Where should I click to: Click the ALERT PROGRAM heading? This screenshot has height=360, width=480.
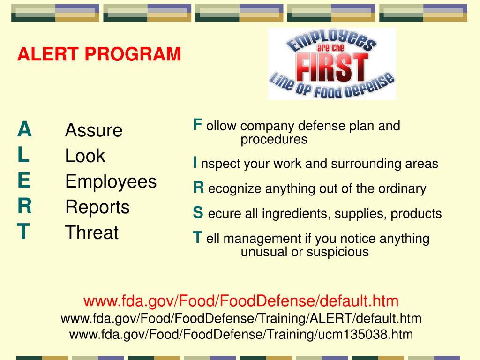coord(99,54)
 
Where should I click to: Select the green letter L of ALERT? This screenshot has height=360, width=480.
coord(23,155)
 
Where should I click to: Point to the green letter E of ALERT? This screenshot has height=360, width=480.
coord(24,180)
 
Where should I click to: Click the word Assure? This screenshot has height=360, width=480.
coord(94,130)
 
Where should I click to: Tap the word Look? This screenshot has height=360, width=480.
coord(85,156)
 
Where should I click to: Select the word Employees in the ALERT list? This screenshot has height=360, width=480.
coord(111,181)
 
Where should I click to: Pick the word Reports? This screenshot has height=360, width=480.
coord(97,207)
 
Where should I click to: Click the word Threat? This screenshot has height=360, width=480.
coord(92,232)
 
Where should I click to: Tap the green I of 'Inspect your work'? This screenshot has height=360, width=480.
coord(195,163)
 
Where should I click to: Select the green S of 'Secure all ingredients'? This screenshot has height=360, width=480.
coord(198,213)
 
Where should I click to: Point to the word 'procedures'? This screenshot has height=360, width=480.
coord(274,140)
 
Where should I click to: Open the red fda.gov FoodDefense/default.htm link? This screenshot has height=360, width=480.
coord(241,300)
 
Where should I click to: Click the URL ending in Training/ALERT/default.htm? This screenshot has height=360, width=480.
coord(241,319)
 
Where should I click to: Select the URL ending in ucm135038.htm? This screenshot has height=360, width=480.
coord(241,335)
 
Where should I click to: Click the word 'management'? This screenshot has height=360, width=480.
coord(260,239)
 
